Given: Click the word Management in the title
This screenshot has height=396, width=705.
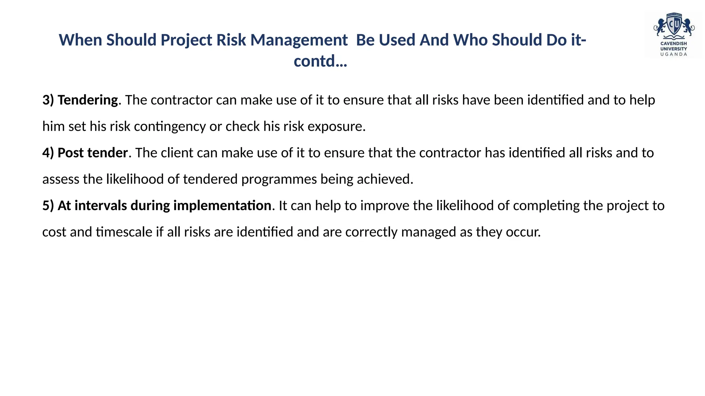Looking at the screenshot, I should [299, 40].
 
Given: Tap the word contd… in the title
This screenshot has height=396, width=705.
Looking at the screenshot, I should [320, 62].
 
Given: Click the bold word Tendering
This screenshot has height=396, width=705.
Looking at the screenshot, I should [88, 100].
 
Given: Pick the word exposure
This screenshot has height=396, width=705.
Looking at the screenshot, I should [336, 126].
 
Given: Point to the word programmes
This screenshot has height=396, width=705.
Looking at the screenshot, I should [279, 179].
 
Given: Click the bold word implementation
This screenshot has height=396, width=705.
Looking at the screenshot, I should [222, 206].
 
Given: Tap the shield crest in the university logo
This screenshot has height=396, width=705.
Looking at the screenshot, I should [674, 25].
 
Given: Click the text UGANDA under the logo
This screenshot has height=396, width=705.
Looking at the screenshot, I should [674, 54].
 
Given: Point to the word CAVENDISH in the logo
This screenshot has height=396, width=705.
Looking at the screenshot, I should [674, 44].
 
